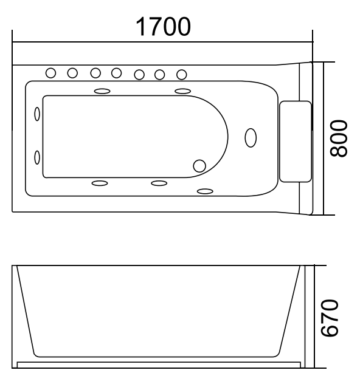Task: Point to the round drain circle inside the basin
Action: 199,166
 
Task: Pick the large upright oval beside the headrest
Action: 250,137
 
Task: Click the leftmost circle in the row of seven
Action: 52,73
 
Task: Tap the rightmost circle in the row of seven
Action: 181,74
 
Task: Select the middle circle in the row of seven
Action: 116,73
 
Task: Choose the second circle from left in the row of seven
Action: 72,73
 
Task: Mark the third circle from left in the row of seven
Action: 95,73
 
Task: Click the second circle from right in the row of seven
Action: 161,74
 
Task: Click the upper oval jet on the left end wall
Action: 37,114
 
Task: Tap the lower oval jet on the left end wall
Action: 37,157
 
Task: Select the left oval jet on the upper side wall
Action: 102,91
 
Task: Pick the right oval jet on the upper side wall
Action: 183,91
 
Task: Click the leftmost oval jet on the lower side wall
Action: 99,183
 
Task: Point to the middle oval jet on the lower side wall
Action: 159,183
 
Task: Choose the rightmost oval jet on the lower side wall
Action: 206,192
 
